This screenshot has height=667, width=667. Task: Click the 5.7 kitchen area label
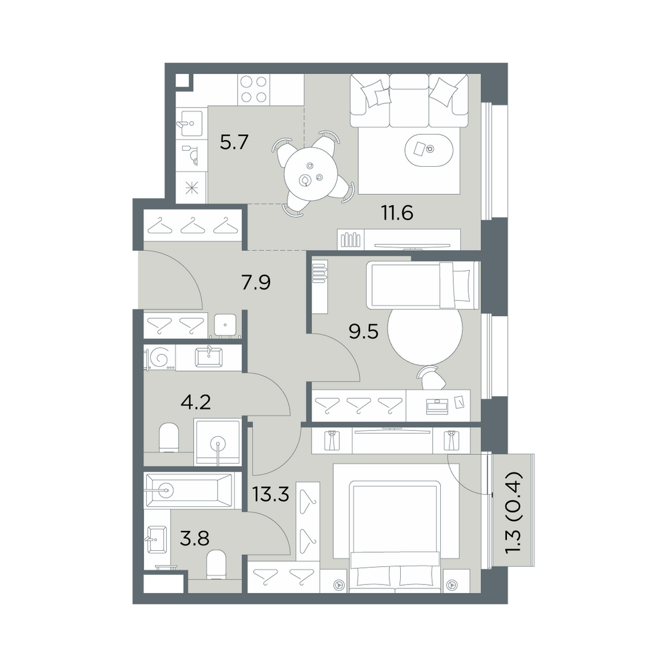tap(234, 142)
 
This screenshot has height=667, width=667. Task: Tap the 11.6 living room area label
tap(397, 212)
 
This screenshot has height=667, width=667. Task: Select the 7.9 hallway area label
tap(255, 282)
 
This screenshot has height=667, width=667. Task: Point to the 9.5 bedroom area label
tap(364, 331)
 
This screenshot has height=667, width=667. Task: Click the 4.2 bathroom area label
tap(195, 402)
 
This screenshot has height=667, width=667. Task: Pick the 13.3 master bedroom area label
tap(271, 494)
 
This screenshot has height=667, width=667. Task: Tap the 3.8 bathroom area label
tap(195, 539)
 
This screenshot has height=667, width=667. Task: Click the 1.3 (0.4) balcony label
tap(514, 512)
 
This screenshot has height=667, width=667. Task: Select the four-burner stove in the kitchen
tap(254, 89)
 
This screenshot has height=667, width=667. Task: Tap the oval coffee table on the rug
tap(429, 150)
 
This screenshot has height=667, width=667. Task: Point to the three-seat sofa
tap(409, 101)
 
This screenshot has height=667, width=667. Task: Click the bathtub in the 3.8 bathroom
tap(189, 491)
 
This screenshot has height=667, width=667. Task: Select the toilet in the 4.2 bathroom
tap(169, 437)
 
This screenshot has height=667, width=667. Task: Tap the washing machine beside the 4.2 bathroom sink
tap(159, 358)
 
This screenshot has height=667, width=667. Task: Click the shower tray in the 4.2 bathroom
tap(218, 442)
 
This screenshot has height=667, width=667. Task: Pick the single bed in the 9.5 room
tap(423, 285)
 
